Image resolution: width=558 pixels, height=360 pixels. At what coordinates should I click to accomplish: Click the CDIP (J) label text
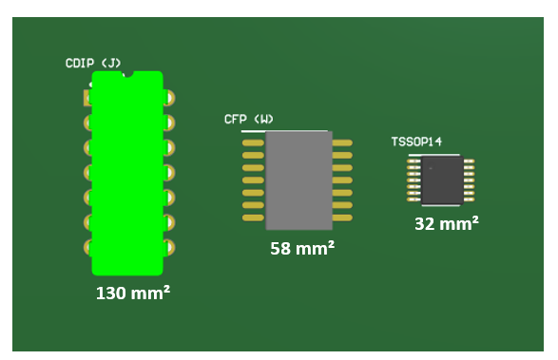click(x=93, y=64)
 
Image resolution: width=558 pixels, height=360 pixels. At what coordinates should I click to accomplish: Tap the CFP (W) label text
click(x=249, y=119)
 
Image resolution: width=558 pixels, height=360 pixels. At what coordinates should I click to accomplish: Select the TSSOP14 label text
click(x=416, y=142)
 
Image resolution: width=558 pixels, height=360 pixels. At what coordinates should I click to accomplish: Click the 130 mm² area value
click(x=133, y=293)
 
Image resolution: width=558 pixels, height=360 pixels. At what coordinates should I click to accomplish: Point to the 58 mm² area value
click(x=302, y=248)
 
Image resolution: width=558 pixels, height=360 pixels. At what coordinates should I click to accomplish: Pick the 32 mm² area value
click(x=447, y=223)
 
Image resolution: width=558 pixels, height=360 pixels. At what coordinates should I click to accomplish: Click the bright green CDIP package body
click(x=127, y=173)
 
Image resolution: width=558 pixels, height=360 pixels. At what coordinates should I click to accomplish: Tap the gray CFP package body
click(x=298, y=180)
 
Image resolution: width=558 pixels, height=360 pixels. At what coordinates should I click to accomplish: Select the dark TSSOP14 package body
click(x=442, y=180)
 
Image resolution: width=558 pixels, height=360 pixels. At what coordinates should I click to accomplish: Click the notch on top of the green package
click(x=127, y=74)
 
